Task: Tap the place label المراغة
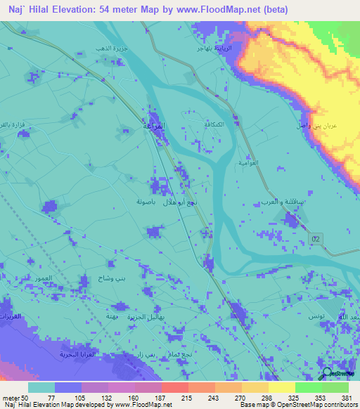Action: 155,126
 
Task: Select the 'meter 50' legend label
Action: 15,398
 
